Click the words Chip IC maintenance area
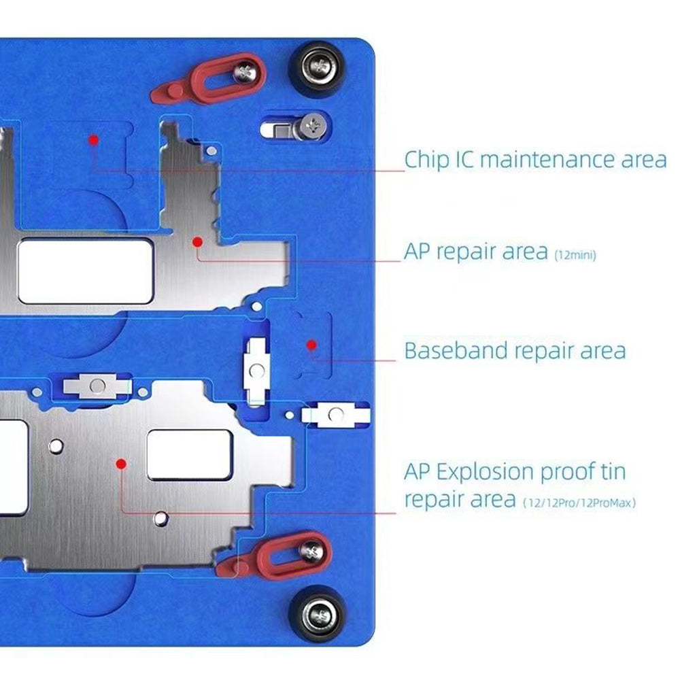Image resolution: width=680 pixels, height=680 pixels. [x=535, y=160]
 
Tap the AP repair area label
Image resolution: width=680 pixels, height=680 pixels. [x=476, y=252]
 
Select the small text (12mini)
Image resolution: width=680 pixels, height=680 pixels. [x=575, y=256]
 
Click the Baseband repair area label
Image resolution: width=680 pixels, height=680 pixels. [x=515, y=351]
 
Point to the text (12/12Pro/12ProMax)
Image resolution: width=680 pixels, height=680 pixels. [x=580, y=503]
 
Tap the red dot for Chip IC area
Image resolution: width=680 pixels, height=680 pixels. [x=94, y=139]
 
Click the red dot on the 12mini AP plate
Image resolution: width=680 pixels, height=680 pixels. [x=197, y=241]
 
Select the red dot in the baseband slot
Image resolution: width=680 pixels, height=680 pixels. [x=311, y=345]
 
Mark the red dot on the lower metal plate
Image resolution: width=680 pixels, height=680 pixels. [x=121, y=464]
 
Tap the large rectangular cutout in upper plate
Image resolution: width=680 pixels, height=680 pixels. [x=85, y=271]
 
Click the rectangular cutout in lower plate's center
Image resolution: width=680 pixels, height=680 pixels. [x=190, y=454]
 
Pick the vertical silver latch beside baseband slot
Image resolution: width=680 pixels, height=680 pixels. [x=256, y=371]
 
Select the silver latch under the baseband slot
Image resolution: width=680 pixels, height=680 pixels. [x=335, y=415]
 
